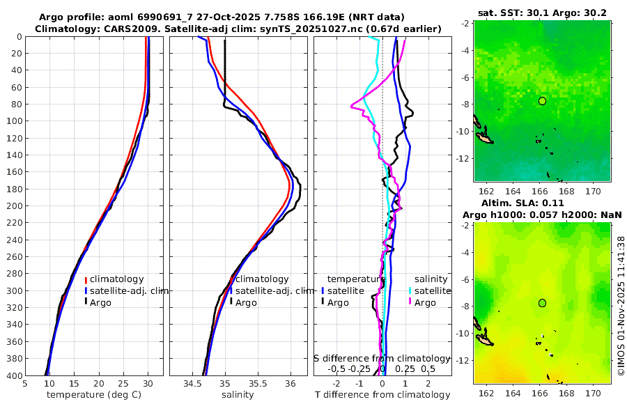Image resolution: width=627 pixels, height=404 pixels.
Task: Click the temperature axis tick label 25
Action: pyautogui.click(x=123, y=383)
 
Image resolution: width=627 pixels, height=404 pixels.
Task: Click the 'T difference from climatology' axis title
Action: pyautogui.click(x=382, y=395)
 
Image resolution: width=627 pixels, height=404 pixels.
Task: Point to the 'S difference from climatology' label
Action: pyautogui.click(x=382, y=358)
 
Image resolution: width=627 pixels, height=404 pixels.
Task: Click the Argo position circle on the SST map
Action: pyautogui.click(x=542, y=101)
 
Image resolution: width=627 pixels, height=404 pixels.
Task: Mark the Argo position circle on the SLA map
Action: pyautogui.click(x=542, y=303)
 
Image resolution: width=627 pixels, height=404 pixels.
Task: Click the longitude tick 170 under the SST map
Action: pyautogui.click(x=594, y=192)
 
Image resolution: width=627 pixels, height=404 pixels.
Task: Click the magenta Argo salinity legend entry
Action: pyautogui.click(x=424, y=302)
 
